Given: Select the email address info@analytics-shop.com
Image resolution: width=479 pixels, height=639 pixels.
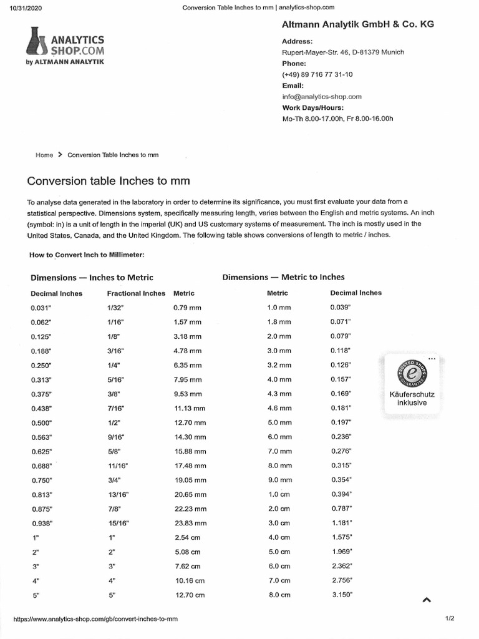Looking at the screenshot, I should [322, 97].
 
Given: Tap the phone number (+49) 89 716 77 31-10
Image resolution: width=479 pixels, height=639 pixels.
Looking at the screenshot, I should [317, 74].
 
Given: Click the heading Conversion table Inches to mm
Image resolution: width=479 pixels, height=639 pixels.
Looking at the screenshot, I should [108, 181].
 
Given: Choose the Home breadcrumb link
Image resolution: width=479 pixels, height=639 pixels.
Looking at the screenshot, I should [44, 155].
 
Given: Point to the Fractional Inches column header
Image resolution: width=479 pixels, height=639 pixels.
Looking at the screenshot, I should [136, 293].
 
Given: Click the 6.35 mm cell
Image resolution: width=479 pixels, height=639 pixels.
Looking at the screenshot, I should [187, 365].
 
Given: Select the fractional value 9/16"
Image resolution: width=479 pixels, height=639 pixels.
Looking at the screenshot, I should [116, 437].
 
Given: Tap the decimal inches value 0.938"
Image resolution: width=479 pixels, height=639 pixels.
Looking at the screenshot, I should [41, 524].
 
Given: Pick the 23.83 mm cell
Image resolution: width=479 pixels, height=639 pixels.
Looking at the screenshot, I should [190, 524].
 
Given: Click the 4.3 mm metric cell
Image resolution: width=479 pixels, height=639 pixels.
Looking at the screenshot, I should [279, 394].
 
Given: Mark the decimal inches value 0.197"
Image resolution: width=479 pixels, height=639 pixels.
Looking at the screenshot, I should [341, 422].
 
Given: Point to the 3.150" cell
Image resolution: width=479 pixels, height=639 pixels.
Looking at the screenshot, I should [341, 595].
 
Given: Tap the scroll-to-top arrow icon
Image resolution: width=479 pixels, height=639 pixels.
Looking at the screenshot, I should [427, 600].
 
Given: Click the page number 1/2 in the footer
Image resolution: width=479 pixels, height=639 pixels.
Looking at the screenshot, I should [450, 618].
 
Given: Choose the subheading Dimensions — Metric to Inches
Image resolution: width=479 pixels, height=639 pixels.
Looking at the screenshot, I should [283, 277].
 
